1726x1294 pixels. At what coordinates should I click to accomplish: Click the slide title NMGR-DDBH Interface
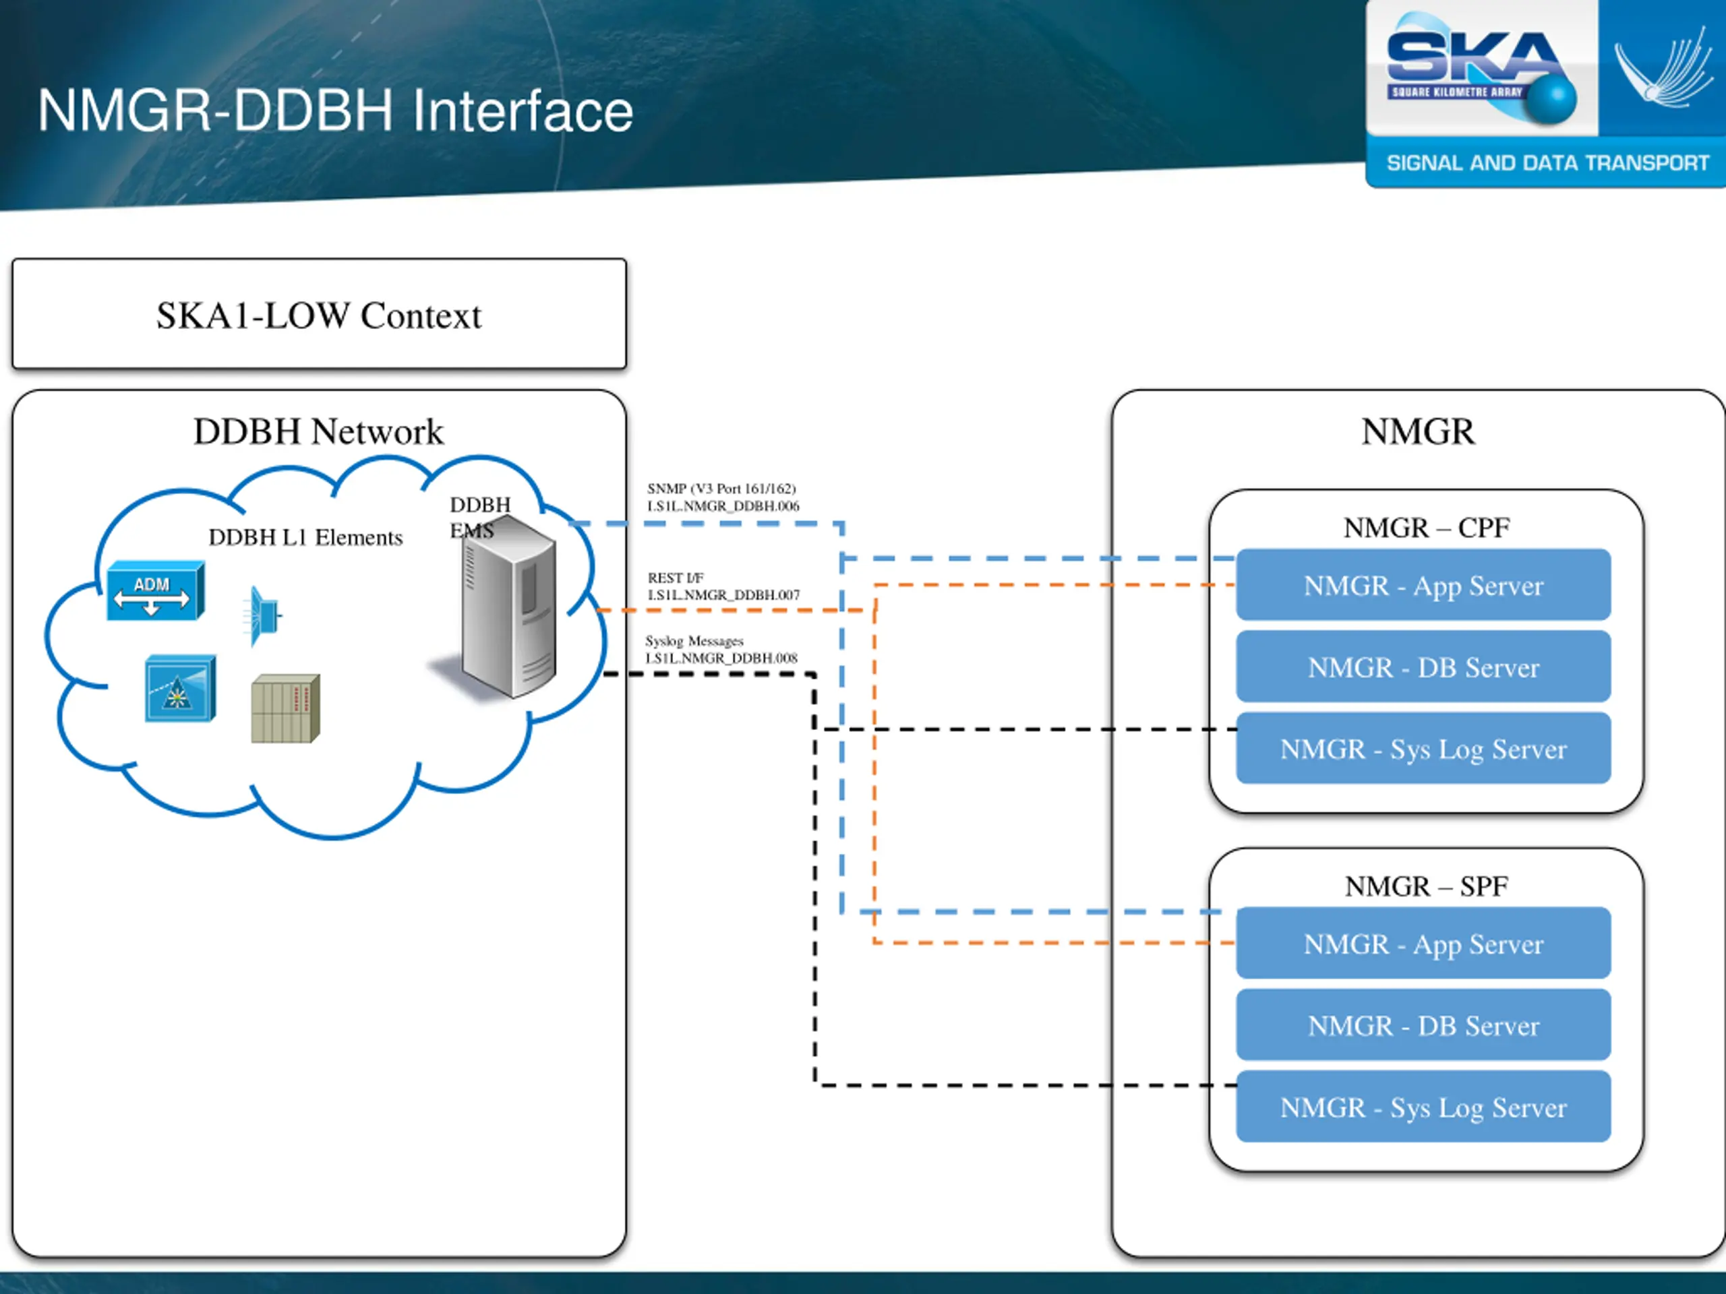pyautogui.click(x=336, y=111)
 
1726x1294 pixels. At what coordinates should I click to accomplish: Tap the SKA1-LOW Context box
pyautogui.click(x=319, y=313)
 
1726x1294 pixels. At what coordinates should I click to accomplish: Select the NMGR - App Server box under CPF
pyautogui.click(x=1423, y=585)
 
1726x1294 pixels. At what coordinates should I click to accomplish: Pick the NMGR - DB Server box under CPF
pyautogui.click(x=1423, y=667)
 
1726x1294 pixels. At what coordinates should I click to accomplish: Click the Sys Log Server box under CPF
pyautogui.click(x=1423, y=748)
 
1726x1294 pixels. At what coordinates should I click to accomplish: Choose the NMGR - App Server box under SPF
pyautogui.click(x=1423, y=943)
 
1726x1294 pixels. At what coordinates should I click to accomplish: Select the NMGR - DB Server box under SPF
pyautogui.click(x=1423, y=1025)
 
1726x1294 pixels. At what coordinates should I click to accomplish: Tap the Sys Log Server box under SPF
pyautogui.click(x=1423, y=1107)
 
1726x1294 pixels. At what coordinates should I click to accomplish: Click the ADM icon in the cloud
pyautogui.click(x=155, y=590)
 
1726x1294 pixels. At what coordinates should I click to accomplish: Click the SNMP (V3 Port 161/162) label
pyautogui.click(x=722, y=488)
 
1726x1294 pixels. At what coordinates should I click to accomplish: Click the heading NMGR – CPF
pyautogui.click(x=1427, y=528)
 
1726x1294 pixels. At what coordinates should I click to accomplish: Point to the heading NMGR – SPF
pyautogui.click(x=1427, y=886)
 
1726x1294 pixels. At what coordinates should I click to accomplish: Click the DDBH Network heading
pyautogui.click(x=318, y=431)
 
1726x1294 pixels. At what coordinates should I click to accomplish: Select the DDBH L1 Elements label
pyautogui.click(x=306, y=537)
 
